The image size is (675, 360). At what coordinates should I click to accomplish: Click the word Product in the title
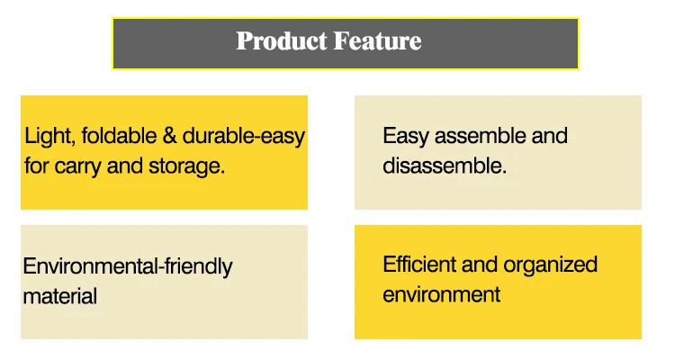point(282,40)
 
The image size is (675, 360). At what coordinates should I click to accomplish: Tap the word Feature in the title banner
point(377,40)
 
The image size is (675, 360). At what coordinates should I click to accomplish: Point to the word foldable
point(119,136)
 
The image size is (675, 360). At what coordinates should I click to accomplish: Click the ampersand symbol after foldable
point(170,136)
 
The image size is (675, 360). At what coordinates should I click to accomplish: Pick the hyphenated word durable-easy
point(244,137)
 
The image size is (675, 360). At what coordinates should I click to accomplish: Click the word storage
point(187,166)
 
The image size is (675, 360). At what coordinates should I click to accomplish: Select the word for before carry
point(37,166)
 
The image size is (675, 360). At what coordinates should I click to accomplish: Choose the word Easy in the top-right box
point(406,137)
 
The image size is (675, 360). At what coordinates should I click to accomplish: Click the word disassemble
point(445,166)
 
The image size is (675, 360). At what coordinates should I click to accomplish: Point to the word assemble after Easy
point(480,136)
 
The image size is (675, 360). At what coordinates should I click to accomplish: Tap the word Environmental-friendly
point(128,266)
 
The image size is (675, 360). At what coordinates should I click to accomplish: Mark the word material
point(59,296)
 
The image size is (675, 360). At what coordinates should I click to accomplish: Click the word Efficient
point(419,265)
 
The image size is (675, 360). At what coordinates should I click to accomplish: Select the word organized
point(550,265)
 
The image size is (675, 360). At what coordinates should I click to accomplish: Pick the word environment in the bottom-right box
point(441,295)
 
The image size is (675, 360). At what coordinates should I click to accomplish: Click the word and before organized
point(480,265)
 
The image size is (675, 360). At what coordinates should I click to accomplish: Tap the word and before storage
point(125,166)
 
